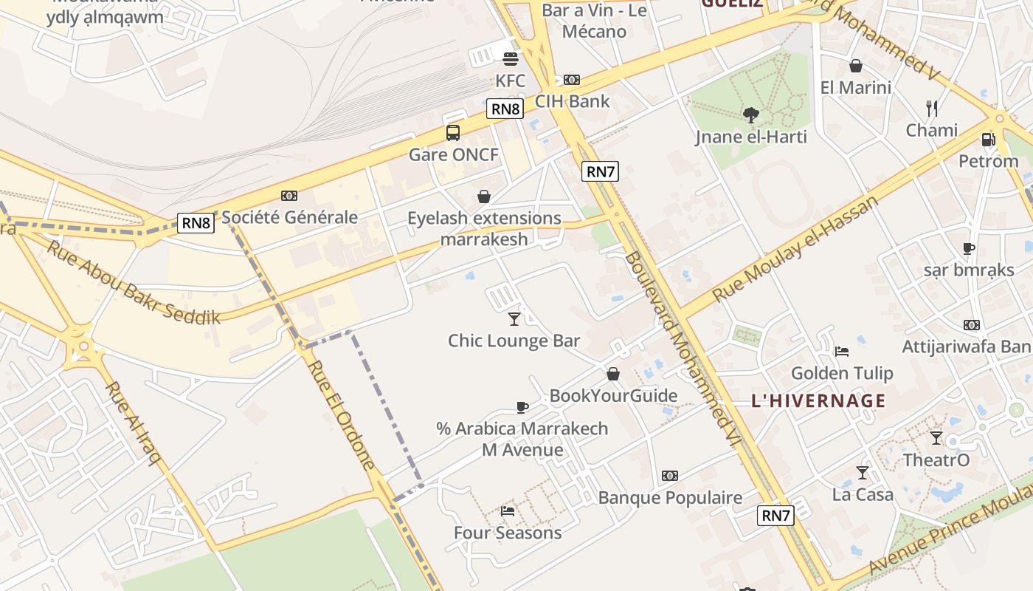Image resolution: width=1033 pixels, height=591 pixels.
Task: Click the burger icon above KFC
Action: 510,59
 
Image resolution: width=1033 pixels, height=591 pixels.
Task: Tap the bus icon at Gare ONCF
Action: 453,133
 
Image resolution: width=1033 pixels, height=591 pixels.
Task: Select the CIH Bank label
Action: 573,101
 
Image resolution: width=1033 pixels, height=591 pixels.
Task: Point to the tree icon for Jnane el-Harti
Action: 751,115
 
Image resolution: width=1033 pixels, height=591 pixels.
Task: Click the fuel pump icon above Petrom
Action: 988,139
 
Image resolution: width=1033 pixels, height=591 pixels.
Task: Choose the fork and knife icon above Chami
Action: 932,109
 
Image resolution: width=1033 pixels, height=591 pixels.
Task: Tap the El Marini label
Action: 856,87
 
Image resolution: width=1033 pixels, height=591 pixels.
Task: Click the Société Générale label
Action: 289,217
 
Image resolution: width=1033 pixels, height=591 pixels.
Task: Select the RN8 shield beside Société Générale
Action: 196,223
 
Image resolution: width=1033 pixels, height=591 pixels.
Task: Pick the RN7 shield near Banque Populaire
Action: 775,516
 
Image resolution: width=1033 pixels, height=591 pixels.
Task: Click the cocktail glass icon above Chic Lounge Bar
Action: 514,319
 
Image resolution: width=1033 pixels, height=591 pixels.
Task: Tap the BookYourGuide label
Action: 613,396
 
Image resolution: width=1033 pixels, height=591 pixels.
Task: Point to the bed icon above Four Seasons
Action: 508,510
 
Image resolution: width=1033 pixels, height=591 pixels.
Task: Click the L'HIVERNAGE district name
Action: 818,401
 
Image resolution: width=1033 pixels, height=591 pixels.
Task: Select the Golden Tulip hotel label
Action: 842,373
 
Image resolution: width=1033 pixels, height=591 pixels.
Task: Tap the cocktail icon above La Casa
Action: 862,473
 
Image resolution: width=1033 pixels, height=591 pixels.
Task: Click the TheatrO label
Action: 936,460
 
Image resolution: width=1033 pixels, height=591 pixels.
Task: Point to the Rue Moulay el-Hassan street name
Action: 795,249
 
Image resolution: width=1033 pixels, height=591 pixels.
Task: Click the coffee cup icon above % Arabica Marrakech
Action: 522,407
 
